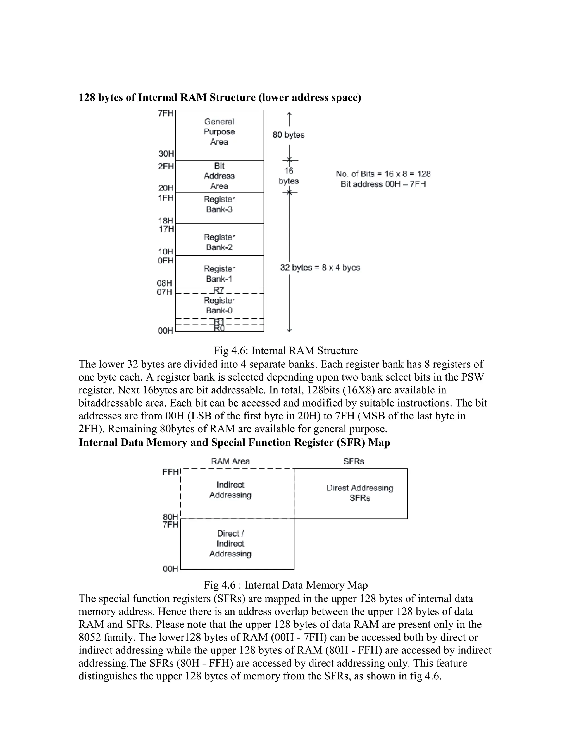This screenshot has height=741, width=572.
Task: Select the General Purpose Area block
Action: tap(220, 135)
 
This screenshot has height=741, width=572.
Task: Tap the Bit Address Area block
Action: tap(220, 176)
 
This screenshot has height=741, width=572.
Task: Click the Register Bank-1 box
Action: tap(220, 271)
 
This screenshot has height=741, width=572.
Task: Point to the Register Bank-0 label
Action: tap(220, 305)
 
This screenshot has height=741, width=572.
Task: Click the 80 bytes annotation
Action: tap(288, 135)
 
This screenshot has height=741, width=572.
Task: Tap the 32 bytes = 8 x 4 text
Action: tap(320, 268)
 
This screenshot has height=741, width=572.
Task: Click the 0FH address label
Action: tap(166, 261)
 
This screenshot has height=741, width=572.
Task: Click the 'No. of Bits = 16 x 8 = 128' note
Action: tap(383, 174)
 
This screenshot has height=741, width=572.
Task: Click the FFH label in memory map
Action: tap(170, 472)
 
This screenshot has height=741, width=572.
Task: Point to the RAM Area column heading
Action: tap(230, 461)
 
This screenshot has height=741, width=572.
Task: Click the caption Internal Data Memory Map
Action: tap(286, 585)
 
